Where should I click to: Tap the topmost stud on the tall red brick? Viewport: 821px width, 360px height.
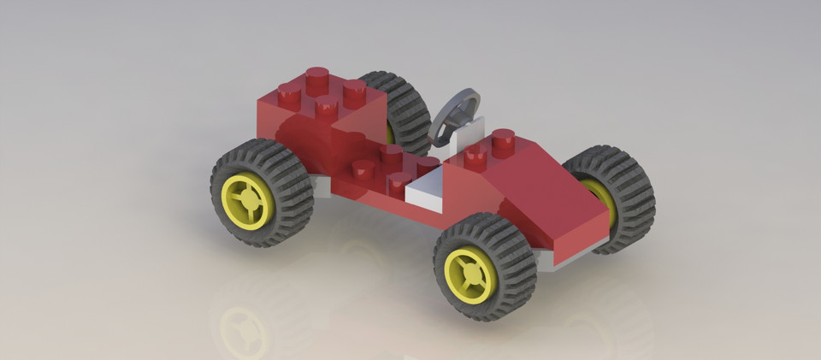[x=317, y=76]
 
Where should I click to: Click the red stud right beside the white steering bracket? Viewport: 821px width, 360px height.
[x=475, y=154]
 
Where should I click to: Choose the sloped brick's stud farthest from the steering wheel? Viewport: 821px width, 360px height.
[x=503, y=138]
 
